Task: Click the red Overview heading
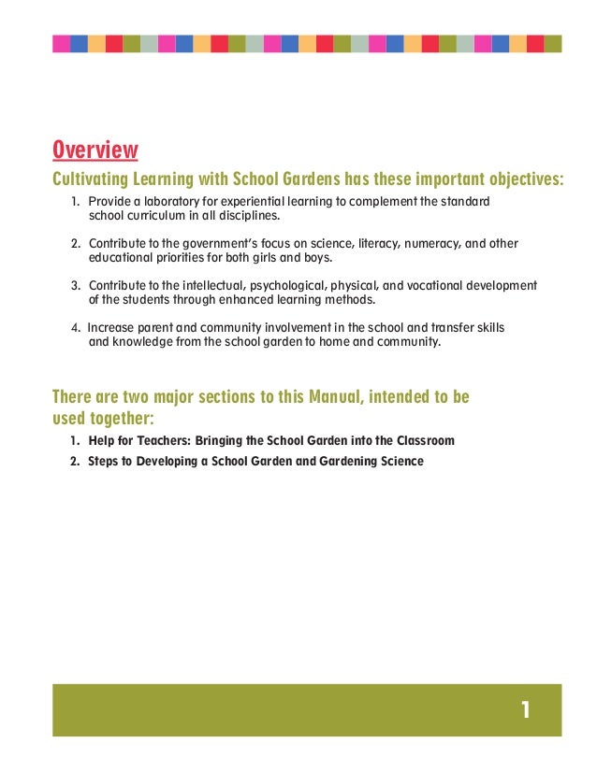pos(95,150)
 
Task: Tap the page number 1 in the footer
pos(527,711)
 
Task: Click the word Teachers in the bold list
pos(157,439)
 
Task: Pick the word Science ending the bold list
pos(400,460)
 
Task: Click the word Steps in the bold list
pos(104,460)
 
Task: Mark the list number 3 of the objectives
pos(75,285)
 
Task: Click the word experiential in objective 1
pos(266,202)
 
